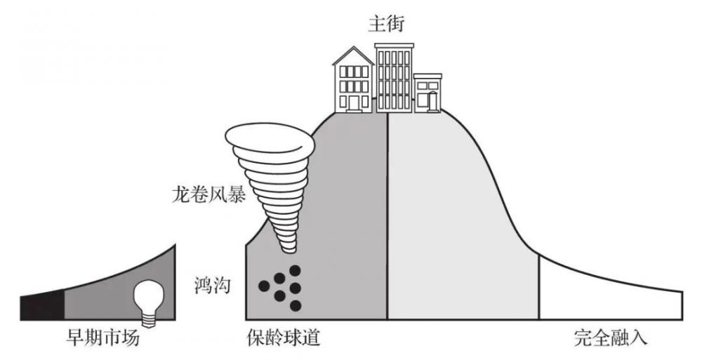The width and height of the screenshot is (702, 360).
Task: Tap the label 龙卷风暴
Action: point(208,194)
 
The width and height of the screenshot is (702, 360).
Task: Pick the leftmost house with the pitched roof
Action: point(353,83)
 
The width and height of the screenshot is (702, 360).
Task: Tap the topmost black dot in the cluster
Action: point(295,270)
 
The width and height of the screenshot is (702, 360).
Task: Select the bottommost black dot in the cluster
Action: point(295,305)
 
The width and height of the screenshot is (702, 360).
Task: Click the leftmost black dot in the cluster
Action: point(264,286)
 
